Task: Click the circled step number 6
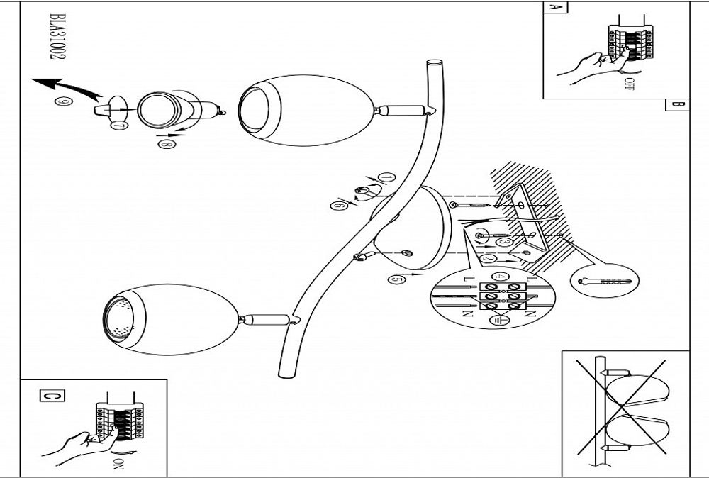337,206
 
